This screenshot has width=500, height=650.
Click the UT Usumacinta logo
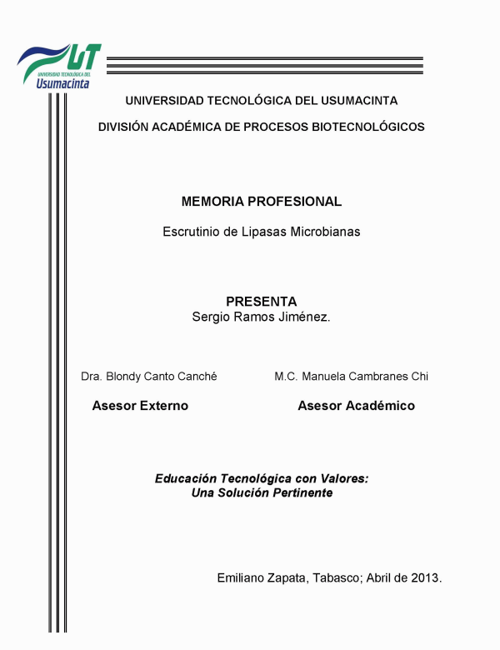[58, 65]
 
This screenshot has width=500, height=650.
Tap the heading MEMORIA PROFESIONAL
[261, 201]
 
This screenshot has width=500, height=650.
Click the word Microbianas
[324, 232]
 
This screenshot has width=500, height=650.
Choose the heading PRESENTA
[261, 302]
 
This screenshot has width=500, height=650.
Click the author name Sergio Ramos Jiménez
[261, 317]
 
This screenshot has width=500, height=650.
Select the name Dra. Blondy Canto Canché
[149, 376]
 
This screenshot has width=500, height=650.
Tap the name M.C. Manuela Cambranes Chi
[351, 376]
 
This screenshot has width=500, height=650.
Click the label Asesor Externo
[139, 406]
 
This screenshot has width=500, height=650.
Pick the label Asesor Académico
[356, 406]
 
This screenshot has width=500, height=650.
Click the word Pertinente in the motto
[297, 492]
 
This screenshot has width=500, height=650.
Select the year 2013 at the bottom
[425, 577]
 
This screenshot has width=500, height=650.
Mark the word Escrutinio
[193, 232]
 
